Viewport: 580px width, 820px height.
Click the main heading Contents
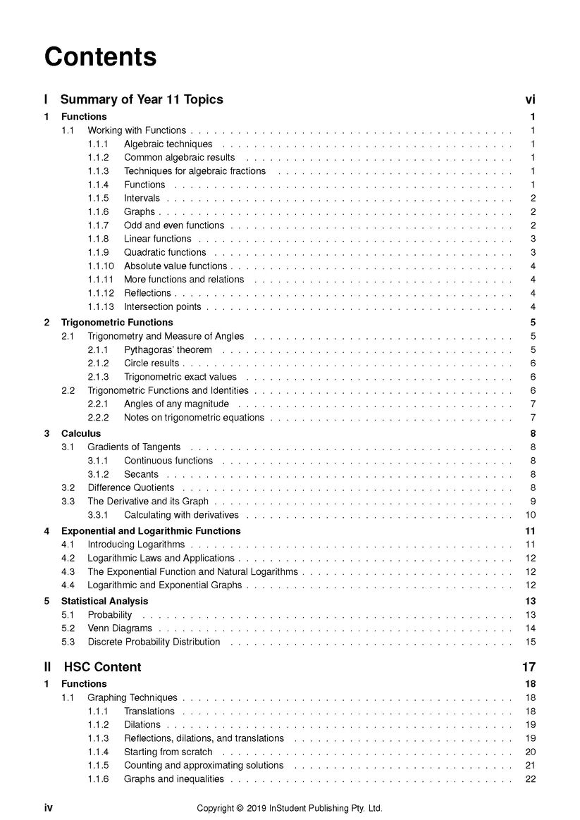point(100,56)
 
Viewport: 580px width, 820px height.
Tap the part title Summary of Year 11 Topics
point(142,99)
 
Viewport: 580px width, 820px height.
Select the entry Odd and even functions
point(174,225)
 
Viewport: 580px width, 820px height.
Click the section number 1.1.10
point(101,266)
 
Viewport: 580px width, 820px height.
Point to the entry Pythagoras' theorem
point(168,349)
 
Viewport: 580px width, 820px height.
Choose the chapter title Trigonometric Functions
point(117,323)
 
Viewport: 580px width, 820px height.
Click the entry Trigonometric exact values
point(180,377)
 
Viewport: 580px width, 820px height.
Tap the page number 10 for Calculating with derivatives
point(531,515)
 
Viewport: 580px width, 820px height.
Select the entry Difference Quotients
point(130,487)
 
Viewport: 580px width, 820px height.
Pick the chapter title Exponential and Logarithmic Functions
point(151,531)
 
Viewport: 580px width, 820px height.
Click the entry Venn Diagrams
point(120,628)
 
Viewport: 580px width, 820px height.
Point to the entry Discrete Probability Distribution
point(154,642)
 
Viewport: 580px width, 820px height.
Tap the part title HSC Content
point(102,667)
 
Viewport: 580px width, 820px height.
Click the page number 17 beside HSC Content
point(529,667)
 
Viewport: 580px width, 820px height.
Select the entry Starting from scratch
point(168,752)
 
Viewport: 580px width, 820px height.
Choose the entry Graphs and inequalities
point(174,779)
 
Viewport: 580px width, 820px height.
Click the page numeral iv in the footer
point(49,808)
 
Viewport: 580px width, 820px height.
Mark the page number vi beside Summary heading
point(530,99)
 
